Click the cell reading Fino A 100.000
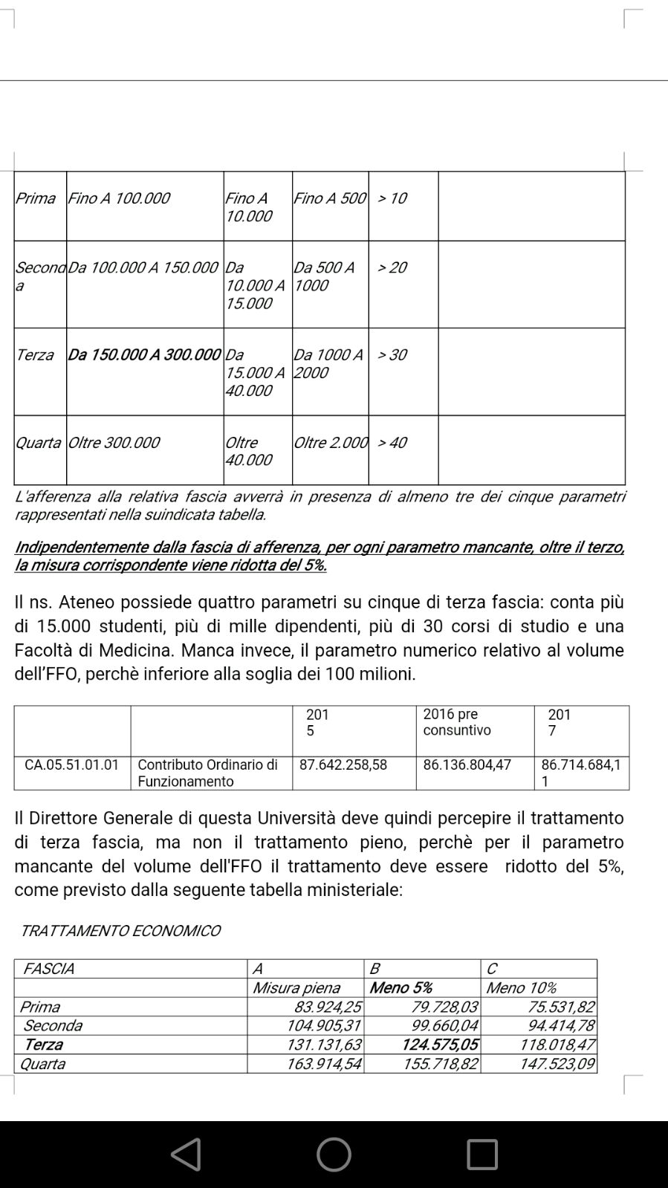(x=119, y=198)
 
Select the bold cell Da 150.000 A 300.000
(x=144, y=355)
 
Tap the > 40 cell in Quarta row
(x=392, y=443)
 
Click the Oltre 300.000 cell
(x=114, y=443)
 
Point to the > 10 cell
(x=392, y=198)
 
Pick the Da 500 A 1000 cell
(x=324, y=276)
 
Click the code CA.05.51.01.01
(x=72, y=765)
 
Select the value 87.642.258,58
(x=343, y=765)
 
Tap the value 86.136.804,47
(x=467, y=765)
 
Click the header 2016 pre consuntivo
(x=457, y=722)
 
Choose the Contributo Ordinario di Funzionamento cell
(x=207, y=773)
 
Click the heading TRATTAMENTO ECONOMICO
(x=120, y=931)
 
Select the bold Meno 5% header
(x=401, y=988)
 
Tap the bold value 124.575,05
(x=440, y=1045)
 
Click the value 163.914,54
(x=324, y=1064)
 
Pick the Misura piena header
(x=296, y=988)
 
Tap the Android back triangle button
(x=186, y=1155)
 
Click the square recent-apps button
(x=482, y=1155)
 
